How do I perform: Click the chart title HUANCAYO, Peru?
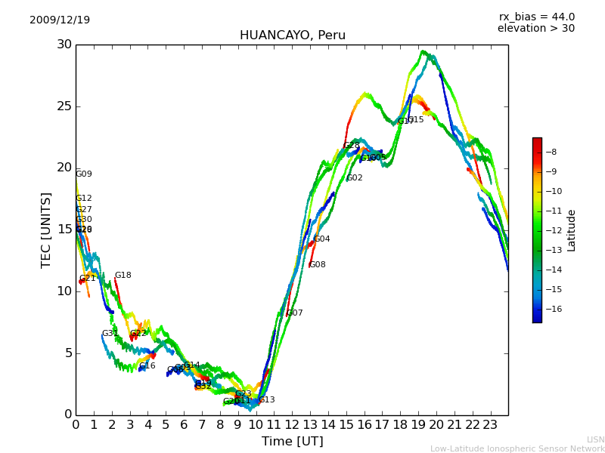click(x=292, y=35)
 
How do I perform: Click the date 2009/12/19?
click(x=60, y=20)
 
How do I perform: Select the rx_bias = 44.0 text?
click(x=536, y=17)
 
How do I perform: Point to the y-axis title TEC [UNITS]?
click(x=46, y=230)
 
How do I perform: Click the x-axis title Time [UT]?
click(x=292, y=442)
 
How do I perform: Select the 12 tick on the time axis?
click(x=292, y=425)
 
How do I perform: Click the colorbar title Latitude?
click(x=572, y=230)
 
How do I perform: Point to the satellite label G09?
click(x=83, y=174)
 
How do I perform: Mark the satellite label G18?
click(x=123, y=276)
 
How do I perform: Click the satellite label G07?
click(x=294, y=313)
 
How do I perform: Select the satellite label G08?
click(x=318, y=265)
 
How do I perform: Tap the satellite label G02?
click(x=354, y=178)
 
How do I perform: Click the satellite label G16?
click(x=147, y=366)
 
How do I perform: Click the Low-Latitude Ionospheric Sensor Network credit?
click(x=517, y=448)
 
